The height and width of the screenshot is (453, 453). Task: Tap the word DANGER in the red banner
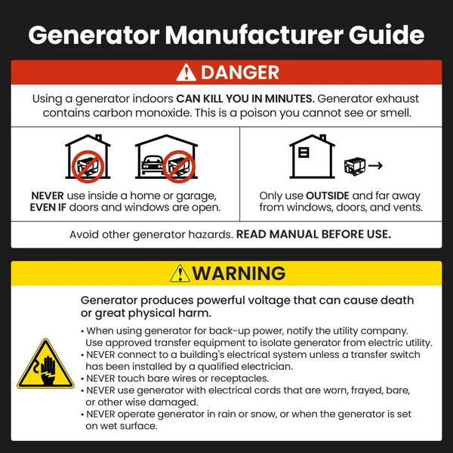click(x=239, y=72)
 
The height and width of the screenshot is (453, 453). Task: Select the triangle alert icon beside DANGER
click(x=186, y=72)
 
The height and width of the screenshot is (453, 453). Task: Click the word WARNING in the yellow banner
click(x=239, y=273)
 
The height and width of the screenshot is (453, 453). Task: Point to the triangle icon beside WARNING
click(x=180, y=273)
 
